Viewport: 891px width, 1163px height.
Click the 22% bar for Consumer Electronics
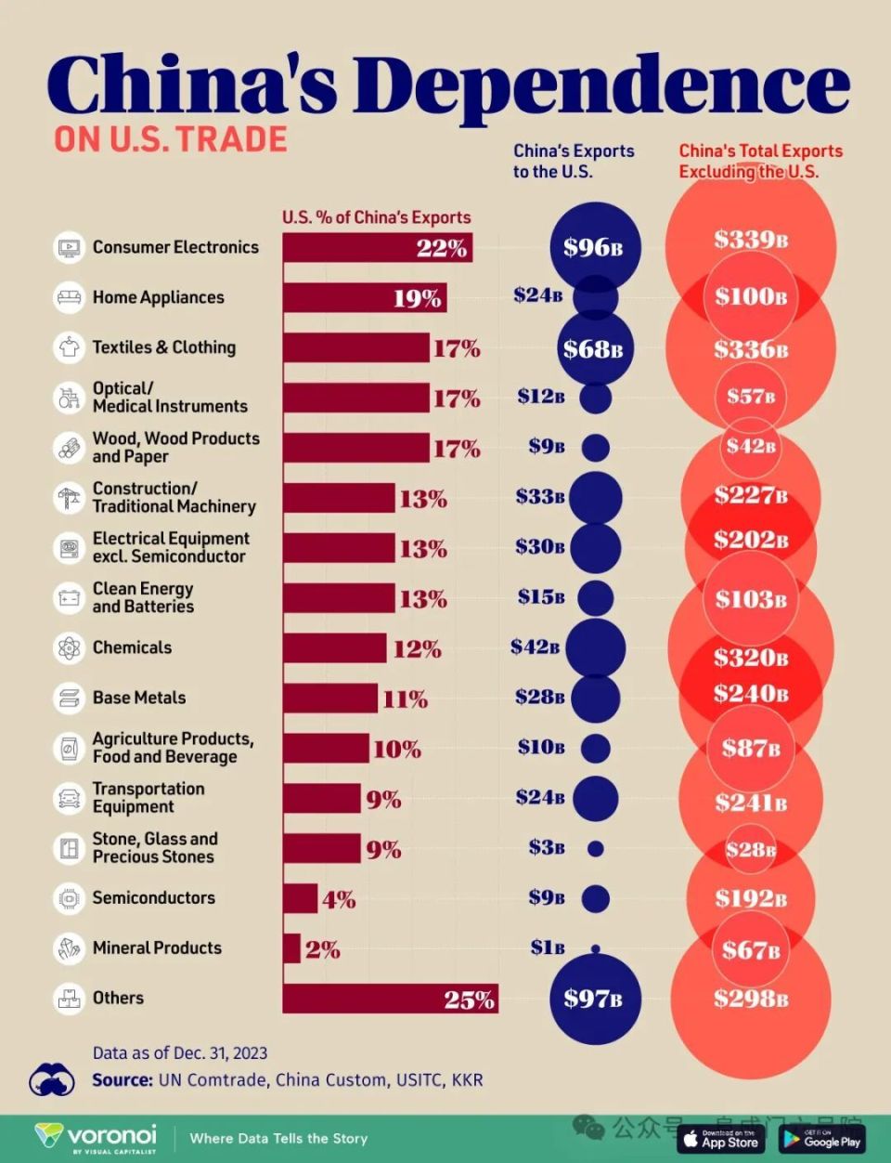click(377, 248)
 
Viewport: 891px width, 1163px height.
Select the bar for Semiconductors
click(300, 898)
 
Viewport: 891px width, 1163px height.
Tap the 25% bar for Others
click(390, 999)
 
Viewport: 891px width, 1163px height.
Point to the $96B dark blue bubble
click(594, 247)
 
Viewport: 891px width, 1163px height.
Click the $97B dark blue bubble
click(594, 999)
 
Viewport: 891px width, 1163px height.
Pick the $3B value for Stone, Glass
click(547, 847)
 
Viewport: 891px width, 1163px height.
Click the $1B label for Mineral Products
click(548, 947)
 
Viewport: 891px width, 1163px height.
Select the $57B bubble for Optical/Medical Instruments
click(751, 397)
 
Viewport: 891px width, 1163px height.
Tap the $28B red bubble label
click(751, 849)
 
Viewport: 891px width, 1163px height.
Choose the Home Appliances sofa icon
click(69, 298)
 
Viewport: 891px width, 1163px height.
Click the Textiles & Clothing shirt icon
click(69, 348)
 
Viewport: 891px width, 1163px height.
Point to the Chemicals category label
click(132, 647)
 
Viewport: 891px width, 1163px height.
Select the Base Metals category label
click(139, 698)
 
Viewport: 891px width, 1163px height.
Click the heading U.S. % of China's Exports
click(376, 217)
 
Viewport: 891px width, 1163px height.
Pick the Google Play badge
click(821, 1139)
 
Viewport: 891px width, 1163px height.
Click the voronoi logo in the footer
click(97, 1138)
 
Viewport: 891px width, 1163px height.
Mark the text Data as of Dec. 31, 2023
click(180, 1053)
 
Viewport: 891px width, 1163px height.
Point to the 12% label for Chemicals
click(417, 649)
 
